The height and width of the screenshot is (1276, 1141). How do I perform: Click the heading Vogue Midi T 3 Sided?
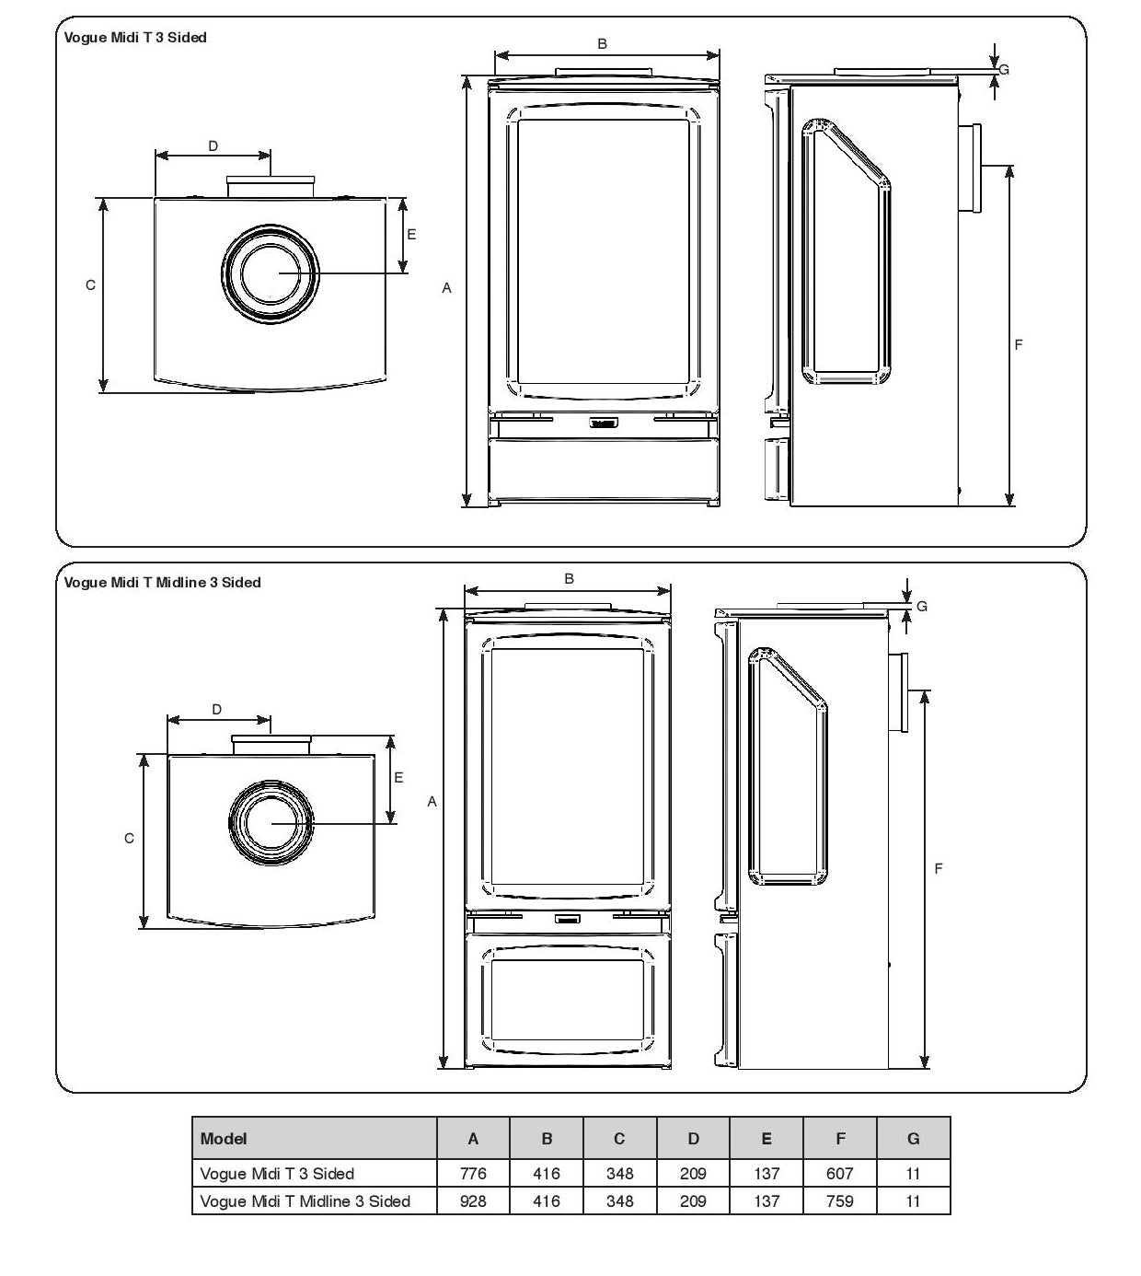135,38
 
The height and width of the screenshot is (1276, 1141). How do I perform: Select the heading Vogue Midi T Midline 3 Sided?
162,583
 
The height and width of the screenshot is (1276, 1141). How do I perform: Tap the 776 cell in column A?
472,1174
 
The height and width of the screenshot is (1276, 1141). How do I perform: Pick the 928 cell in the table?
472,1201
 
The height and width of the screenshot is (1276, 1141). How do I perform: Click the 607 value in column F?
839,1174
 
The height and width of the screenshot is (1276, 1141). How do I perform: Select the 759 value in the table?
839,1201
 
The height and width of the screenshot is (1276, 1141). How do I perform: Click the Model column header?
224,1139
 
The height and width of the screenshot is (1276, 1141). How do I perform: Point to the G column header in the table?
913,1139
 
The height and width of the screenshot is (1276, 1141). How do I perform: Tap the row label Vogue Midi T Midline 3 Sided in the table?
305,1201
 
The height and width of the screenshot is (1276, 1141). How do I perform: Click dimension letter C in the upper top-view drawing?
90,285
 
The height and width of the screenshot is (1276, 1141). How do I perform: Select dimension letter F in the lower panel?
939,868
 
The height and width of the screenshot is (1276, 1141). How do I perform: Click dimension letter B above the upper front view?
603,43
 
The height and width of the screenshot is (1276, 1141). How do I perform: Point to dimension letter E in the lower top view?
398,778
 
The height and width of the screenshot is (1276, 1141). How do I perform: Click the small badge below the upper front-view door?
603,424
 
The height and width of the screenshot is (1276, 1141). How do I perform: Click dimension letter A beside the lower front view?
432,802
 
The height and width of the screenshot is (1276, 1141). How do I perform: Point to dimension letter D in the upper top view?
213,145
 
